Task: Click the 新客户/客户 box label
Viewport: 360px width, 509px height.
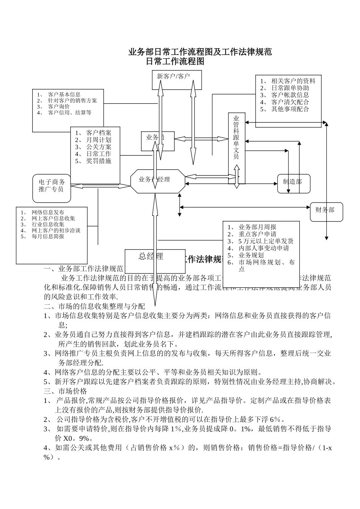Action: tap(173, 76)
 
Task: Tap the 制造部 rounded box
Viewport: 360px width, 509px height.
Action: tap(293, 181)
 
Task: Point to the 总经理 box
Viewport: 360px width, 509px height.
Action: tap(151, 256)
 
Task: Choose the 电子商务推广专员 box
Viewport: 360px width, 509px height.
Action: tap(52, 186)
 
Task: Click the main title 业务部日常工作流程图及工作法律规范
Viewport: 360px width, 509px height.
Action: tap(200, 52)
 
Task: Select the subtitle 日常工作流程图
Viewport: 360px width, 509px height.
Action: tap(175, 61)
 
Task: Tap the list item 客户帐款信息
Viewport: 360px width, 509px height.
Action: tap(290, 95)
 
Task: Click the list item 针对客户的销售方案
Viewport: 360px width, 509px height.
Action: tap(72, 100)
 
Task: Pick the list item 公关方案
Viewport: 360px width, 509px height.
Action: tap(99, 147)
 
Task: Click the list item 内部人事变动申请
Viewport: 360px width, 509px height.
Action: tap(263, 248)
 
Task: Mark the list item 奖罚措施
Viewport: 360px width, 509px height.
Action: tap(99, 161)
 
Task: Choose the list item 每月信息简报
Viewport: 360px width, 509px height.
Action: tap(48, 236)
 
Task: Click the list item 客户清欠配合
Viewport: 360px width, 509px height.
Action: tap(290, 102)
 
